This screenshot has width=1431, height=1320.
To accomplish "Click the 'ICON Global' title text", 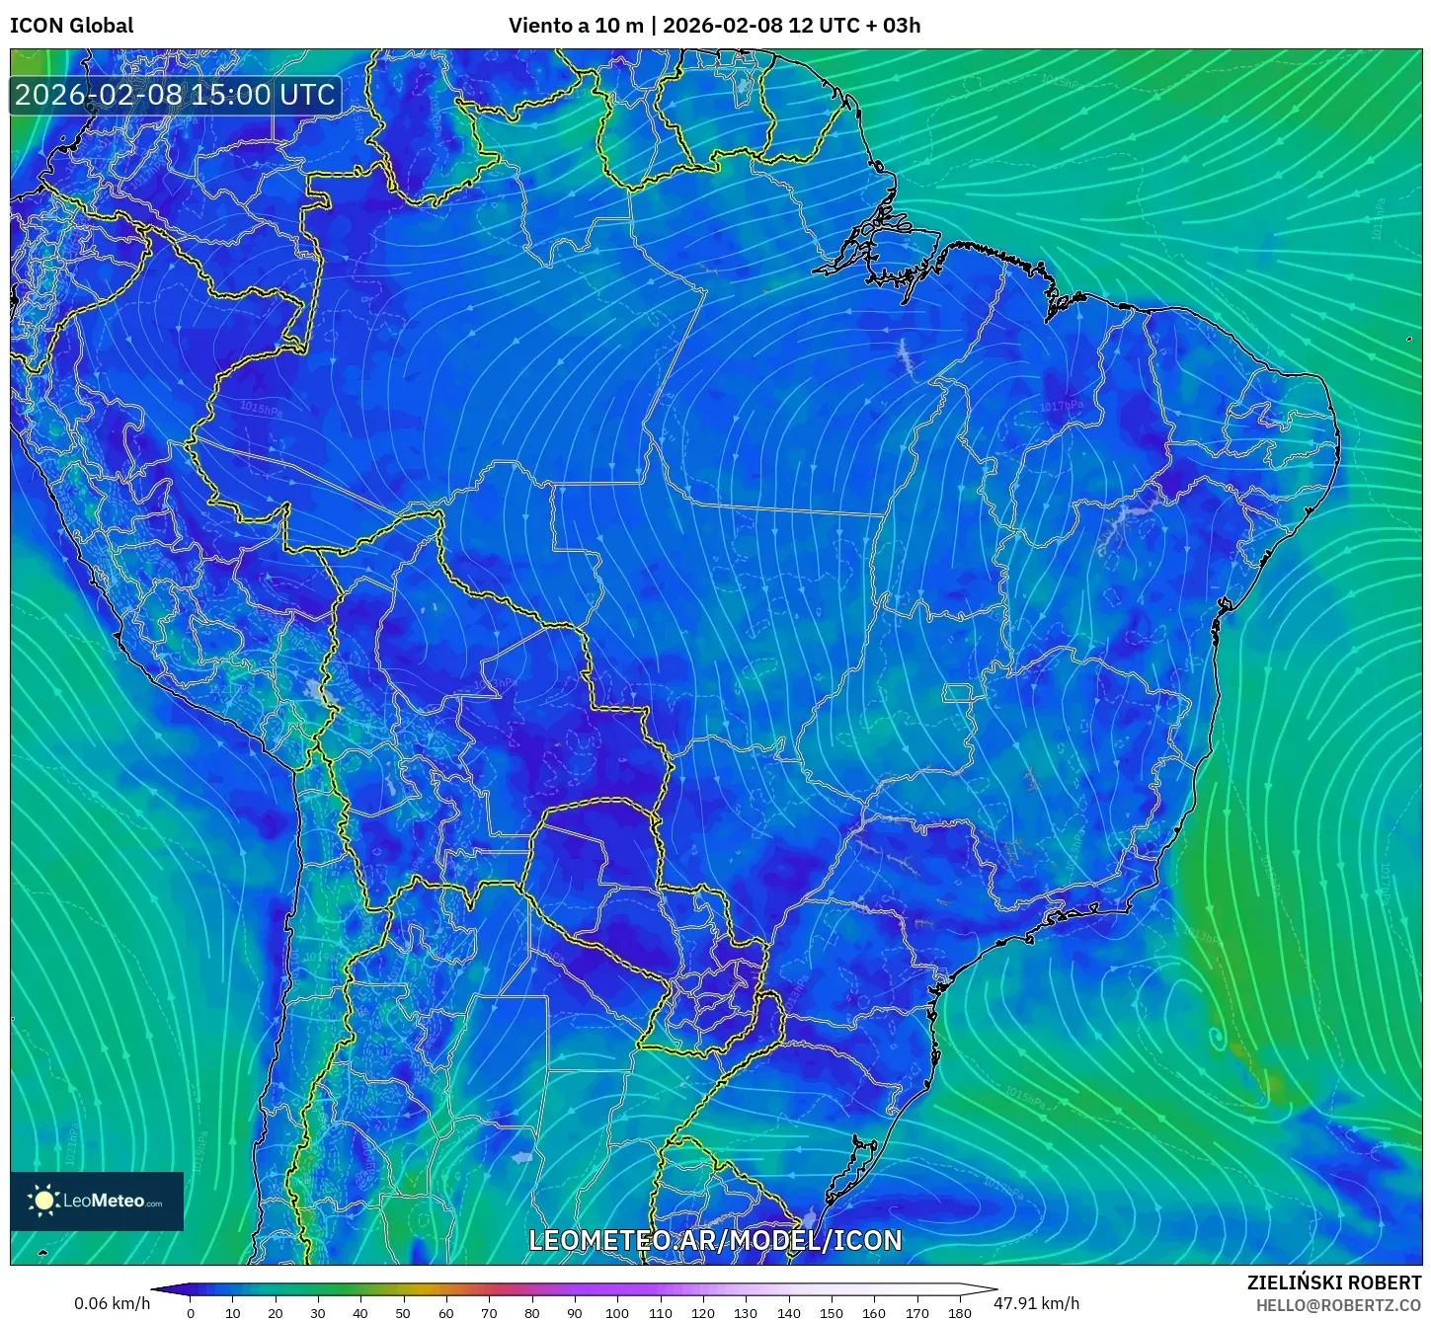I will coord(71,26).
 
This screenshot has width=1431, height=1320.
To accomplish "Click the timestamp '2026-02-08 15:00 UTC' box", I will coord(175,95).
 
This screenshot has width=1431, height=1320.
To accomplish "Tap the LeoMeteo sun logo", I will coord(43,1201).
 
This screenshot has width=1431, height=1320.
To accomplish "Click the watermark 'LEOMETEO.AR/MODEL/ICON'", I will coord(715,1240).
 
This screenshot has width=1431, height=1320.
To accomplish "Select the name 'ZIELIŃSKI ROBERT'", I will coord(1333,1282).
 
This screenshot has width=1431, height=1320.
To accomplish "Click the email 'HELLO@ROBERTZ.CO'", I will coord(1338,1305).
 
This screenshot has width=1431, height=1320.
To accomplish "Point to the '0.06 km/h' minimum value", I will coord(112,1303).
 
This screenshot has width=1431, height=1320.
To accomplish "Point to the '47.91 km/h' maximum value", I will coord(1036,1303).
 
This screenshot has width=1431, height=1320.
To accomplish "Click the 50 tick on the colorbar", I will coord(403,1313).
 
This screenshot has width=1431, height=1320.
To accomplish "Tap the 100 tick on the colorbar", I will coord(617,1313).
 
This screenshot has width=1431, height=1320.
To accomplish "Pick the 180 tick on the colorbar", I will coord(959,1313).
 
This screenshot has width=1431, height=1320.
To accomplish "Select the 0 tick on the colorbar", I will coord(191,1313).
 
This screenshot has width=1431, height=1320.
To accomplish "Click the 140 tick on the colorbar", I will coord(788,1313).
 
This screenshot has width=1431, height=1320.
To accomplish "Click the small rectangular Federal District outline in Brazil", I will coord(957,693).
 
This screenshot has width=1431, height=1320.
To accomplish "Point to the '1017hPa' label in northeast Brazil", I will coord(1061,406).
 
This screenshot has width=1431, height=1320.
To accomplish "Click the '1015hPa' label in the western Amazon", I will coord(260,407).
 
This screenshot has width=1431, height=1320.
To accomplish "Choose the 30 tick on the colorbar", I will coord(318,1313).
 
